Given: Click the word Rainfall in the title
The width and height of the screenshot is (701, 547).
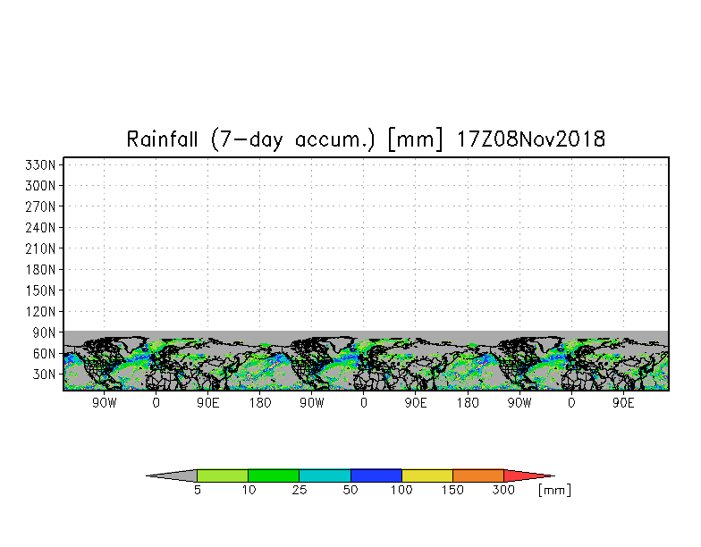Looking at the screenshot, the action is pyautogui.click(x=163, y=139).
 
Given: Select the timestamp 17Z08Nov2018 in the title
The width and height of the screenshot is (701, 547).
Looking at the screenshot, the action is pyautogui.click(x=531, y=139).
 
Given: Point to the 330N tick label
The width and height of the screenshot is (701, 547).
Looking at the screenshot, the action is pyautogui.click(x=40, y=164).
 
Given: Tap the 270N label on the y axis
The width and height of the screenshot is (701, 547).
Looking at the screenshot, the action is pyautogui.click(x=40, y=207).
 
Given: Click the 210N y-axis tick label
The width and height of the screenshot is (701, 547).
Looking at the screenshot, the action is pyautogui.click(x=40, y=248).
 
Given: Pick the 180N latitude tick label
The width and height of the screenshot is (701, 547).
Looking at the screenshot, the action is pyautogui.click(x=40, y=270).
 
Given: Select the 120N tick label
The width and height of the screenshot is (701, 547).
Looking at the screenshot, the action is pyautogui.click(x=40, y=311).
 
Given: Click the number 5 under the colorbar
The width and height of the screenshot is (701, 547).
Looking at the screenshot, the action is pyautogui.click(x=197, y=490).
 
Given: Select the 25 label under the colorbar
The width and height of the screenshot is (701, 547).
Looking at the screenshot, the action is pyautogui.click(x=299, y=490).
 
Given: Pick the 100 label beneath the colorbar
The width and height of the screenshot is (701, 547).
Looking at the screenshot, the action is pyautogui.click(x=401, y=490).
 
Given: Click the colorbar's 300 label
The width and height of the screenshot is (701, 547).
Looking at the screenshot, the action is pyautogui.click(x=503, y=490).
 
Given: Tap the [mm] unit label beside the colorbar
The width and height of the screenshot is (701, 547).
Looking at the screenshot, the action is pyautogui.click(x=554, y=490).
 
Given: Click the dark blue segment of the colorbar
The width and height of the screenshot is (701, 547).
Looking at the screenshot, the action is pyautogui.click(x=376, y=475).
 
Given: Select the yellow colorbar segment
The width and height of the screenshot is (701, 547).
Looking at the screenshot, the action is pyautogui.click(x=427, y=475).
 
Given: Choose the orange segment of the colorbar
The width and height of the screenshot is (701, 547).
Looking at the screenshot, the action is pyautogui.click(x=477, y=475).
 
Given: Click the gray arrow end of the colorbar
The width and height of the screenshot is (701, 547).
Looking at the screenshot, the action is pyautogui.click(x=175, y=475).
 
